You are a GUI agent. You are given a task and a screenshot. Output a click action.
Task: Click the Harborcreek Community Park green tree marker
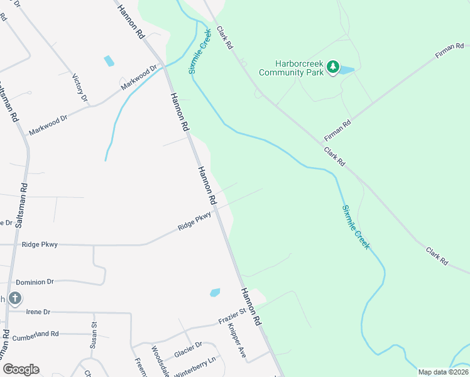[x=334, y=68]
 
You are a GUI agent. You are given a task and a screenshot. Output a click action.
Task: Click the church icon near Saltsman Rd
[x=15, y=298]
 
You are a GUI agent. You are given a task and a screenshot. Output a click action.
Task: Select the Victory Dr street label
[x=80, y=88]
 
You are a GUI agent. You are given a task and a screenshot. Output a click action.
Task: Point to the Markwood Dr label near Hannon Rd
[x=139, y=77]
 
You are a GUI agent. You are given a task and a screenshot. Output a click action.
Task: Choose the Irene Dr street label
[x=38, y=311]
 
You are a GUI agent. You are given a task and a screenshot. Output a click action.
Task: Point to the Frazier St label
[x=231, y=320]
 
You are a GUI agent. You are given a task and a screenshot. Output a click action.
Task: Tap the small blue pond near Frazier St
[x=215, y=292]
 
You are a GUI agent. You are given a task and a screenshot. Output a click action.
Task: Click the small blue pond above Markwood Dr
[x=109, y=61]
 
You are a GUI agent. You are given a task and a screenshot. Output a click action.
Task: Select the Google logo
[x=21, y=369]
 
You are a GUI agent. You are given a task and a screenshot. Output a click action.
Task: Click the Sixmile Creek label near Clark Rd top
[x=199, y=50]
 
